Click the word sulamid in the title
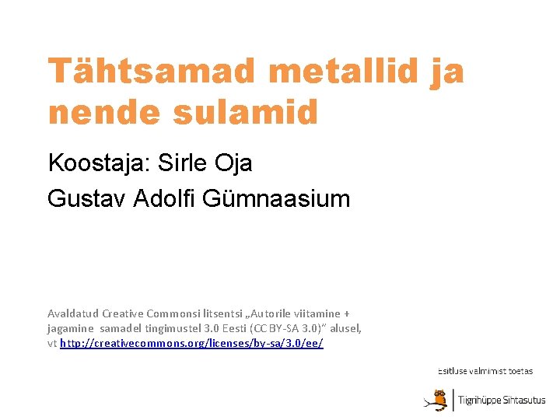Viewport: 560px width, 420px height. pyautogui.click(x=245, y=113)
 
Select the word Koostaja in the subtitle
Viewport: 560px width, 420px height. pyautogui.click(x=99, y=163)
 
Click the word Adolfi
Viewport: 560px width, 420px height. pyautogui.click(x=165, y=198)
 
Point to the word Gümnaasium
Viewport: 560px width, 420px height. pyautogui.click(x=276, y=198)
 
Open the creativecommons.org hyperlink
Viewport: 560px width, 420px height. pyautogui.click(x=191, y=343)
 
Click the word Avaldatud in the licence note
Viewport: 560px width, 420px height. pyautogui.click(x=73, y=313)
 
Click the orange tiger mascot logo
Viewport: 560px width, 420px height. pyautogui.click(x=437, y=399)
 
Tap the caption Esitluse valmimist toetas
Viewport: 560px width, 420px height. pyautogui.click(x=485, y=371)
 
